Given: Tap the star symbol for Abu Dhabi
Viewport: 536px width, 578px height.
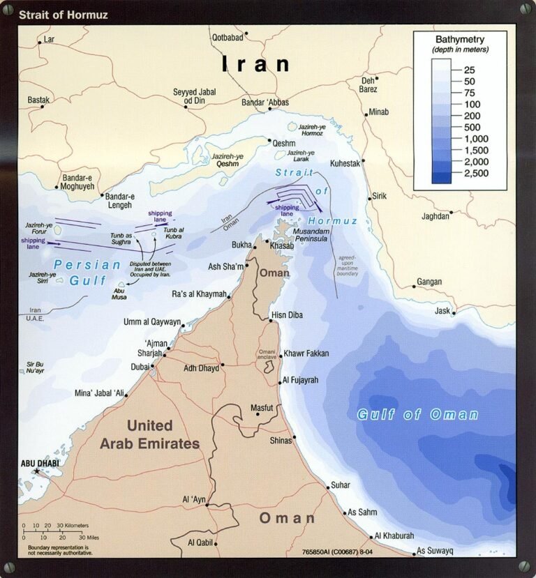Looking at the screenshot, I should point(37,472).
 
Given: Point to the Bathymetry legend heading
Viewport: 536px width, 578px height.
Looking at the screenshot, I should point(459,39).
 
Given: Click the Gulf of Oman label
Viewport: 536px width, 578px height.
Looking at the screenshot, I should point(417,414).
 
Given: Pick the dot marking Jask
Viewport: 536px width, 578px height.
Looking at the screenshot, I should point(454,314).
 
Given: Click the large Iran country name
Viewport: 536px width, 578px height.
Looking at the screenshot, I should point(255,65).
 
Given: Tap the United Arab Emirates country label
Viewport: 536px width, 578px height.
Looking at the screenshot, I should point(149,434).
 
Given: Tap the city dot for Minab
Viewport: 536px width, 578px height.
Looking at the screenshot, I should point(365,114).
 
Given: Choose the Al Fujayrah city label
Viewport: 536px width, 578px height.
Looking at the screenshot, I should point(305,380).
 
